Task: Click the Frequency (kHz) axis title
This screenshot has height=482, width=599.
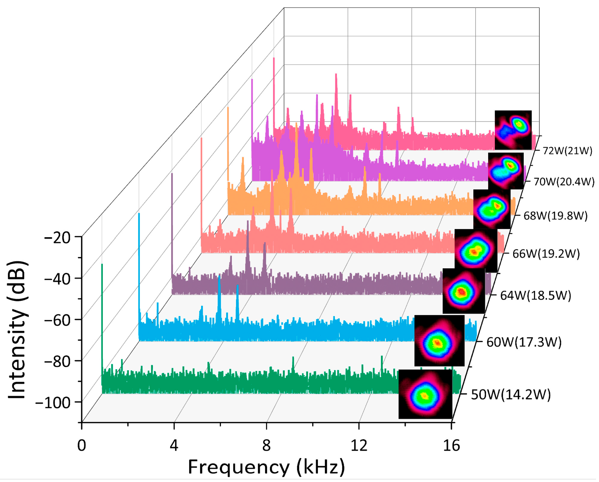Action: click(266, 467)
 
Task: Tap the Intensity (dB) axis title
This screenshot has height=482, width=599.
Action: click(17, 330)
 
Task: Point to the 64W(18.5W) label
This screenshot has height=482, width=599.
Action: click(536, 296)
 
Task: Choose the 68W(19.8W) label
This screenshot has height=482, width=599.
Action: click(555, 216)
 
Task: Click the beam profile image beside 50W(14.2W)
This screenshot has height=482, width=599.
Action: click(425, 394)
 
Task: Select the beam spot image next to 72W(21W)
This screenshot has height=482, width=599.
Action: click(513, 130)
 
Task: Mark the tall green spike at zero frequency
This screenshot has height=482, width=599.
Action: click(102, 298)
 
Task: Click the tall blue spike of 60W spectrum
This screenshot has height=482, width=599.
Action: click(139, 269)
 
